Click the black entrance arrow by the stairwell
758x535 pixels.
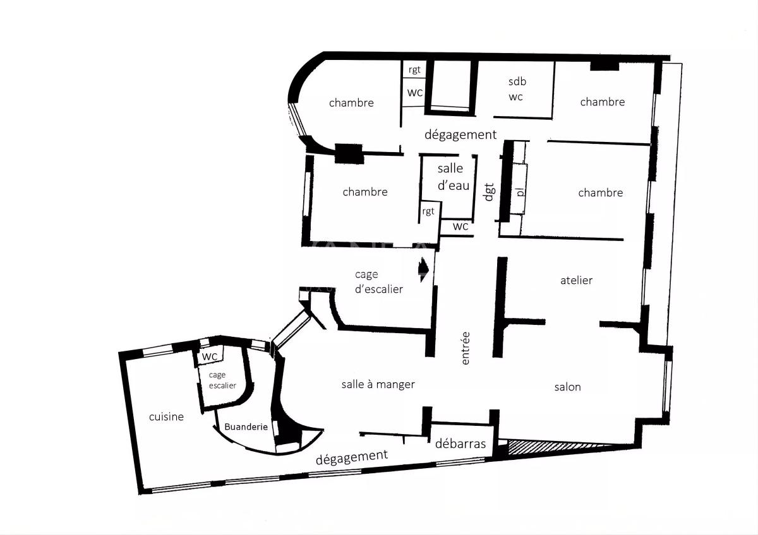point(424,269)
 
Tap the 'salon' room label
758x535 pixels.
point(567,387)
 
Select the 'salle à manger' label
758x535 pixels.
point(378,384)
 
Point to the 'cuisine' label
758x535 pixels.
point(166,417)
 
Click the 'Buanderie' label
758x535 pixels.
point(246,426)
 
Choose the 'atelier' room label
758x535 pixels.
point(576,280)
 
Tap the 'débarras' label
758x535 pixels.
point(460,444)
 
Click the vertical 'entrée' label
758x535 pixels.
point(466,348)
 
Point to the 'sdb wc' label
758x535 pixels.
point(517,89)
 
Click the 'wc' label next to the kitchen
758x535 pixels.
point(209,356)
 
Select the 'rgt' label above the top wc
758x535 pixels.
point(414,70)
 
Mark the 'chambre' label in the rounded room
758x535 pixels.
point(351,103)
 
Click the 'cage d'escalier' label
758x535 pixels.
point(378,282)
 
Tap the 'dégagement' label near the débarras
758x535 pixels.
point(352,457)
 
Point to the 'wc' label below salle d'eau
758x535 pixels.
point(460,226)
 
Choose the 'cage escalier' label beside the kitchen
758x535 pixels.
point(222,380)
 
